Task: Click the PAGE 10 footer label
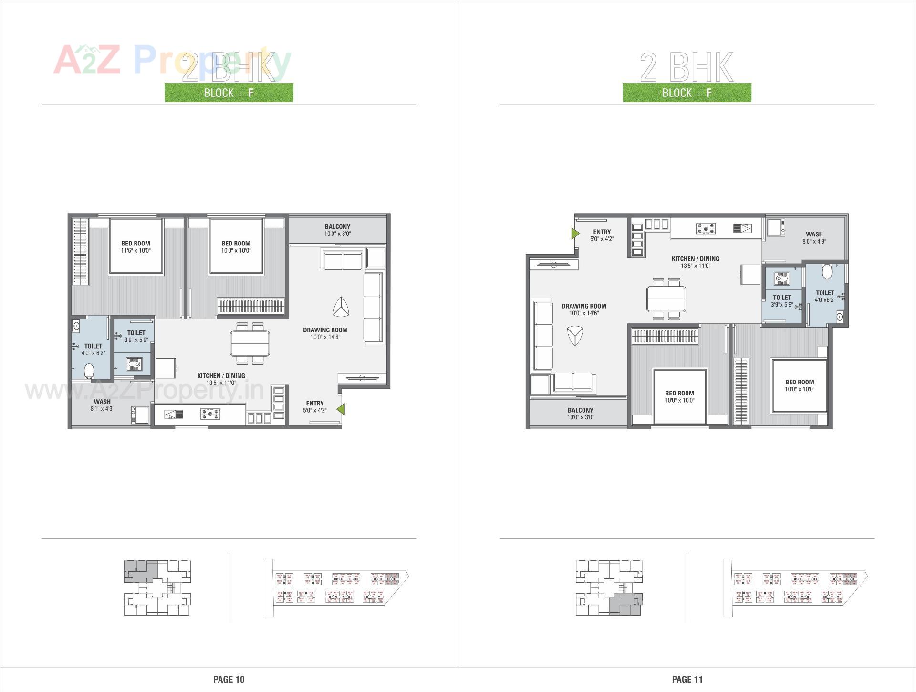coord(229,679)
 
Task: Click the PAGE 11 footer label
coord(687,679)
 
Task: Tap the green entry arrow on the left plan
coord(341,409)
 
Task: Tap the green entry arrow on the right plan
coord(575,234)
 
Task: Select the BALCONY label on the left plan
coord(337,227)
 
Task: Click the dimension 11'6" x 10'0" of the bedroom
coord(135,251)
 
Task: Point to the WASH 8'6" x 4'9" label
coord(814,238)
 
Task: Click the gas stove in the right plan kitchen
coord(706,229)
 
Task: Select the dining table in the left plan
coord(250,343)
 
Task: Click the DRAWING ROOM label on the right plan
coord(583,306)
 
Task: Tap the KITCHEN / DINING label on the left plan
coord(221,376)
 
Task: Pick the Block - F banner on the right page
coord(687,93)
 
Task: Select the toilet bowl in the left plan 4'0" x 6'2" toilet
coord(89,371)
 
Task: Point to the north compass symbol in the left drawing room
coord(341,307)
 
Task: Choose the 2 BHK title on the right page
coord(687,67)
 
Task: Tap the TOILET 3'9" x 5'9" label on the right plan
coord(781,300)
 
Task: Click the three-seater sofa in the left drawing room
coord(373,307)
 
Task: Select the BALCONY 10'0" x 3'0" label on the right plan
coord(580,414)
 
